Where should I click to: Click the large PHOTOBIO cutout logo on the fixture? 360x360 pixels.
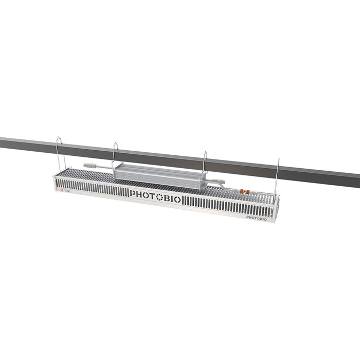click(155, 196)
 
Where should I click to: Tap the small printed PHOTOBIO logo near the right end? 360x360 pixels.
click(256, 217)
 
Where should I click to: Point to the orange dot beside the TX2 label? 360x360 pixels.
click(61, 189)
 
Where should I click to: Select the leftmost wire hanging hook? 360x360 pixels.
click(59, 152)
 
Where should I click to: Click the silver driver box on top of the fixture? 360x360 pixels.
click(159, 172)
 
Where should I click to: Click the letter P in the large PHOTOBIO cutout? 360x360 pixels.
click(133, 194)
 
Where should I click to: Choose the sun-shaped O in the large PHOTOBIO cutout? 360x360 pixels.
click(159, 196)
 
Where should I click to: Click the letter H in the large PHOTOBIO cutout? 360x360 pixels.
click(139, 194)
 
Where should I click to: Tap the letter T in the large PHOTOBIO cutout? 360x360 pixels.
click(153, 196)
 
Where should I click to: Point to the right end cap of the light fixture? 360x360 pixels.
click(277, 211)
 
